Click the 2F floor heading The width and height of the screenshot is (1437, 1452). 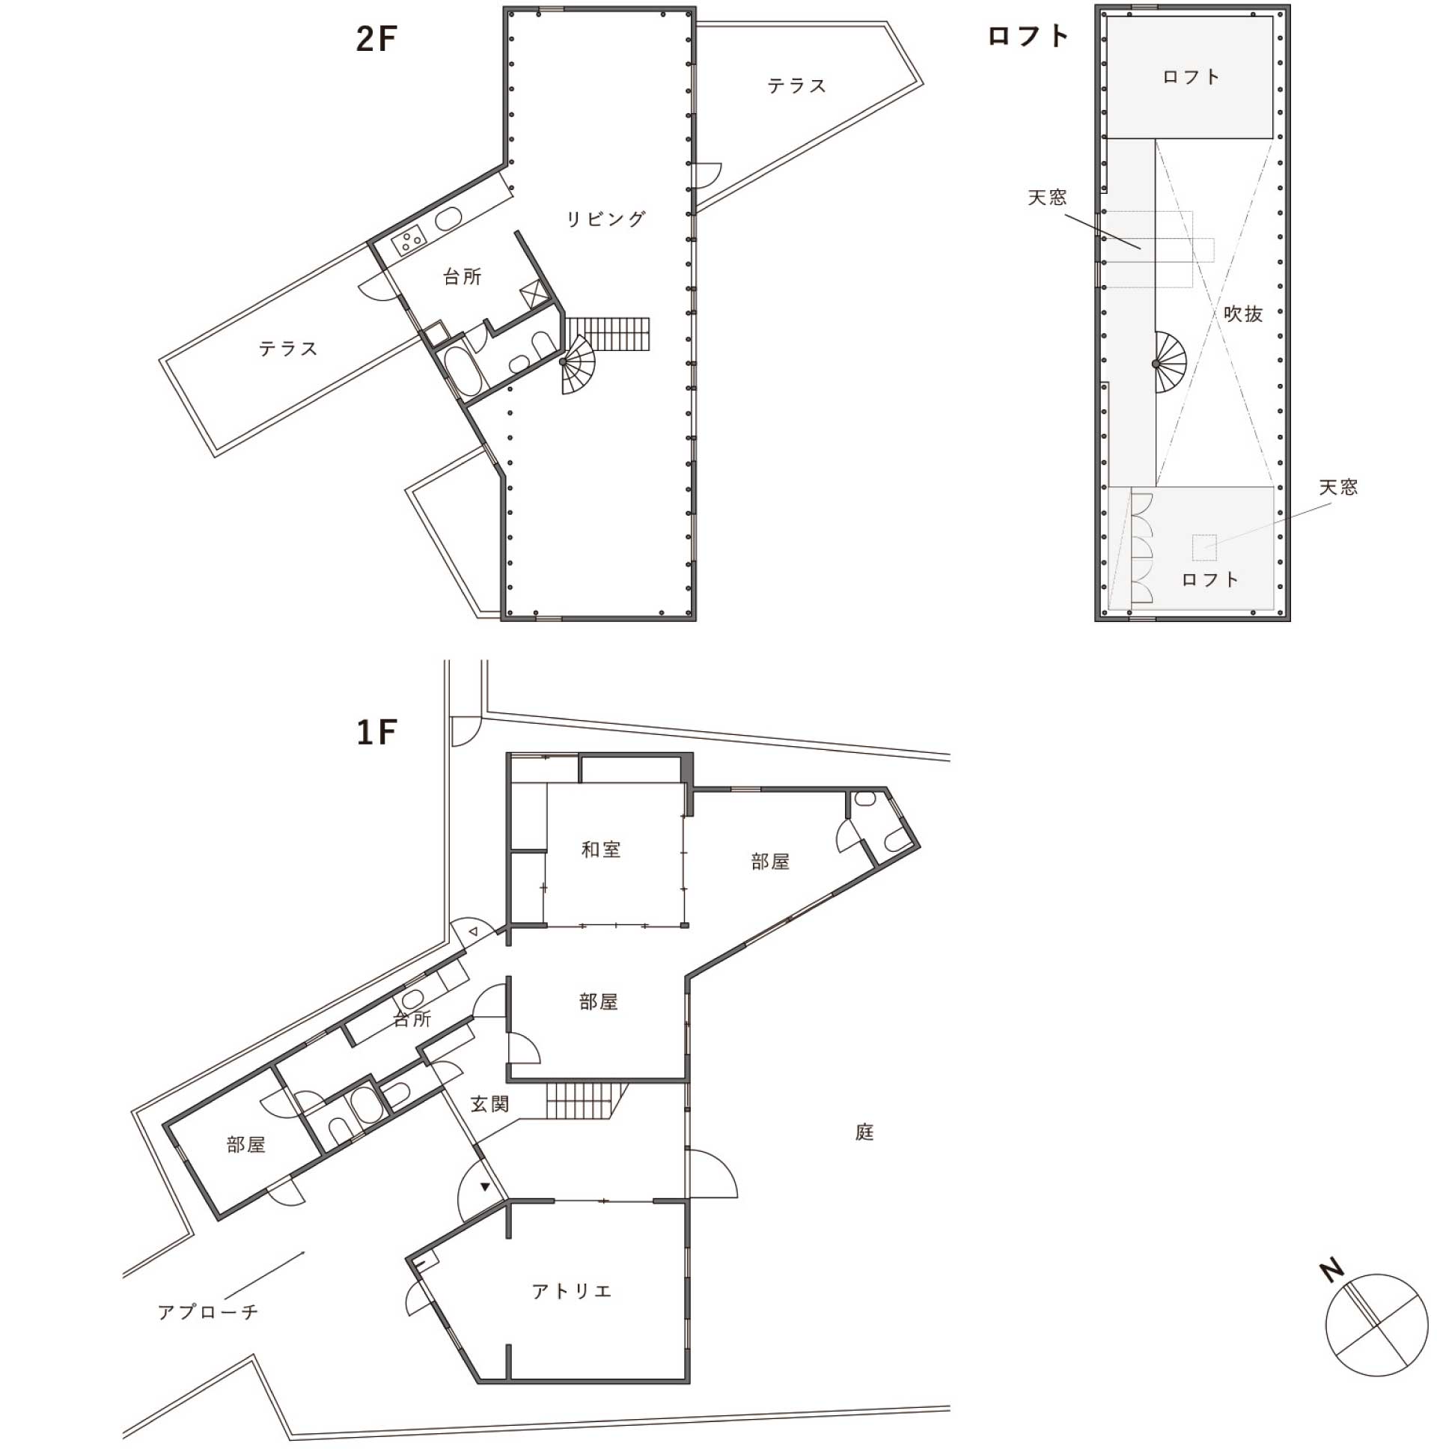point(376,39)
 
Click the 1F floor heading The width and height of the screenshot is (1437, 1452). point(376,732)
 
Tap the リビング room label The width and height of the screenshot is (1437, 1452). point(605,219)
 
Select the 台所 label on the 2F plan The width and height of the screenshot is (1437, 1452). point(463,277)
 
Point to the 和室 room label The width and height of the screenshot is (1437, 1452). point(600,849)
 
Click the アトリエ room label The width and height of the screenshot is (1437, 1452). point(572,1291)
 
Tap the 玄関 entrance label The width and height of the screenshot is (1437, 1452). point(490,1104)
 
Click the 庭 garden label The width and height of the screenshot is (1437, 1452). point(864,1132)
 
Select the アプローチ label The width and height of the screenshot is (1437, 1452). point(208,1311)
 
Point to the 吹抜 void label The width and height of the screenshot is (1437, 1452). point(1243,314)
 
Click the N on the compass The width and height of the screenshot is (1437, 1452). point(1331,1271)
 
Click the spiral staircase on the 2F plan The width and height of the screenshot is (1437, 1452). point(577,364)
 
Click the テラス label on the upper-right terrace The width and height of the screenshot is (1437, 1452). point(796,85)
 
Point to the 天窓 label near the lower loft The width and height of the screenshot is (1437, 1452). point(1338,487)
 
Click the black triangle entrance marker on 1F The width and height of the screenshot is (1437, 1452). point(486,1188)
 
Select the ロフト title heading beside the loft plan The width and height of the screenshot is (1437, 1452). point(1028,36)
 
